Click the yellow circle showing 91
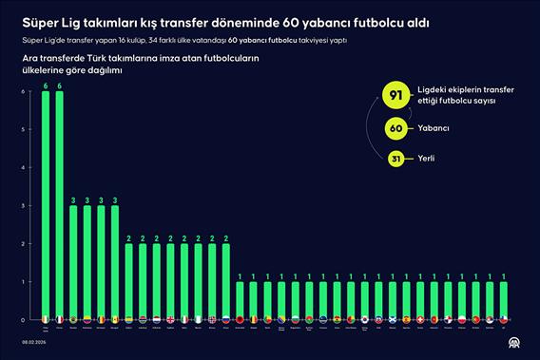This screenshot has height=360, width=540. click(395, 95)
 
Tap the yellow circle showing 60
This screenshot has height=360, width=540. click(398, 128)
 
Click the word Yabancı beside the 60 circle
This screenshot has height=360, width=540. click(434, 128)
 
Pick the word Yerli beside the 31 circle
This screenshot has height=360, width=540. click(426, 159)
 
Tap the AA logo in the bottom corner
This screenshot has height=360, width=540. click(514, 344)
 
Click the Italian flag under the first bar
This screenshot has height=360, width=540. click(45, 318)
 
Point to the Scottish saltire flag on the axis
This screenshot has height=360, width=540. click(379, 318)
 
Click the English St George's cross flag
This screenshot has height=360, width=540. click(170, 318)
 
